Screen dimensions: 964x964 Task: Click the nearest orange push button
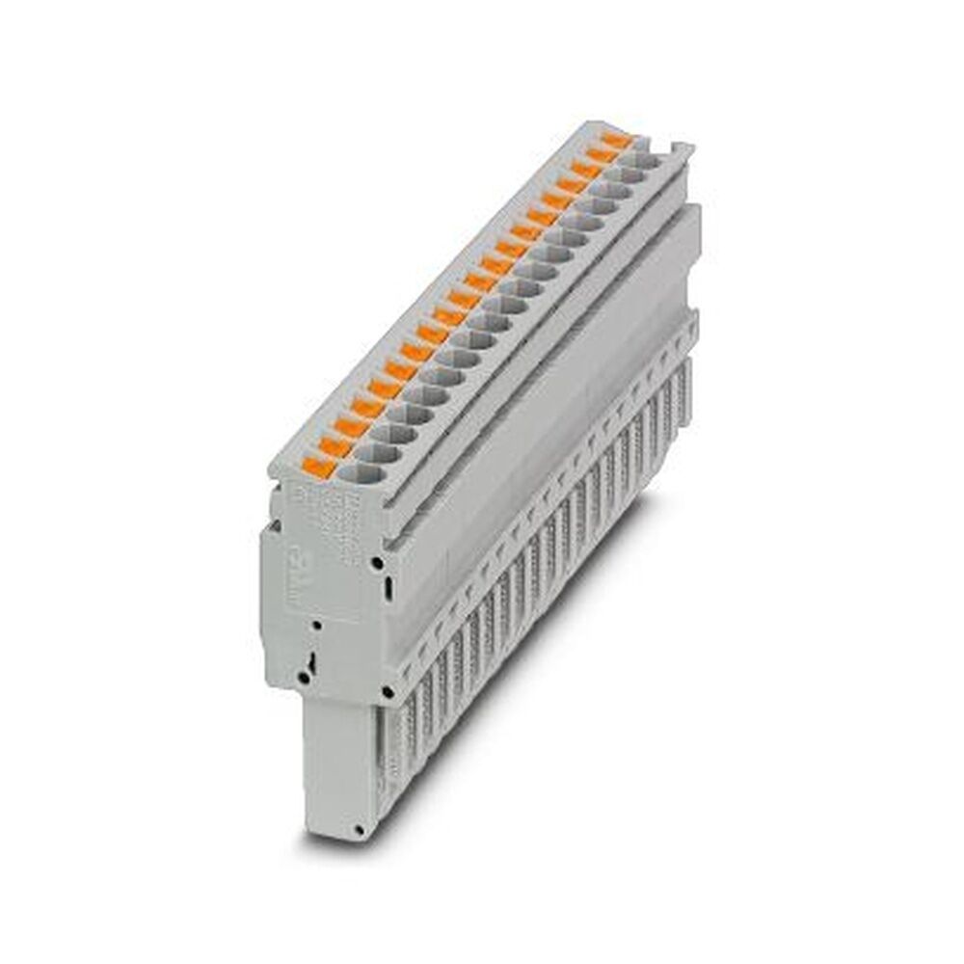317,469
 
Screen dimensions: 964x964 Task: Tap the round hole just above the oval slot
379,560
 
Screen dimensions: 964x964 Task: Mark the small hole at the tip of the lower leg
359,829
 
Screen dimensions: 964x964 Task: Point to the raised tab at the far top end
682,149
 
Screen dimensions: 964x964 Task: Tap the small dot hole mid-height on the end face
312,627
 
